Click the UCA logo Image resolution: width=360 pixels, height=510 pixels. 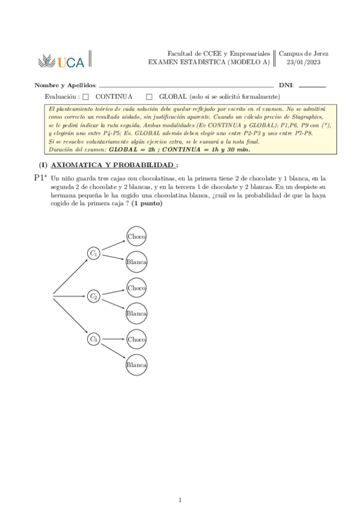tap(63, 60)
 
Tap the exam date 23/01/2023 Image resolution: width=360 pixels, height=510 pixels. tap(304, 62)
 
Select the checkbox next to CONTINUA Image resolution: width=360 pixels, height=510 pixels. tap(85, 96)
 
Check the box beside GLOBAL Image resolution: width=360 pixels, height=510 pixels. tap(149, 96)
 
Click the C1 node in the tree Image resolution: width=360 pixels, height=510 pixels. tap(93, 254)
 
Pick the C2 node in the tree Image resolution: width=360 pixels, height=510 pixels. tap(93, 296)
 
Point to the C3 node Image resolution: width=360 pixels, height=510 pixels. tap(93, 339)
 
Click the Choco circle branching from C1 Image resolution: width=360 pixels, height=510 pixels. tap(136, 236)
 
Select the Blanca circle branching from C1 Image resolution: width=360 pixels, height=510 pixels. tap(136, 262)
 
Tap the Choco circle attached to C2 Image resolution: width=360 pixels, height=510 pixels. tap(136, 288)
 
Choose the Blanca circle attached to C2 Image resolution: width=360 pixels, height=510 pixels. tap(136, 313)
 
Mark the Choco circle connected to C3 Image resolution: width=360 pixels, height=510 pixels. tap(136, 340)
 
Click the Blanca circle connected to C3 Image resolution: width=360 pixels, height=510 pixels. tap(136, 365)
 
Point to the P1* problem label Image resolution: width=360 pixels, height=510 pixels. tap(40, 178)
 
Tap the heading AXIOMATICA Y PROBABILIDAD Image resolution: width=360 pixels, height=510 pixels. tap(114, 165)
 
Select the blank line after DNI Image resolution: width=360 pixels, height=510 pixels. tap(312, 87)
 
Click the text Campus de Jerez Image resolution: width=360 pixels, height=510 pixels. tap(304, 54)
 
